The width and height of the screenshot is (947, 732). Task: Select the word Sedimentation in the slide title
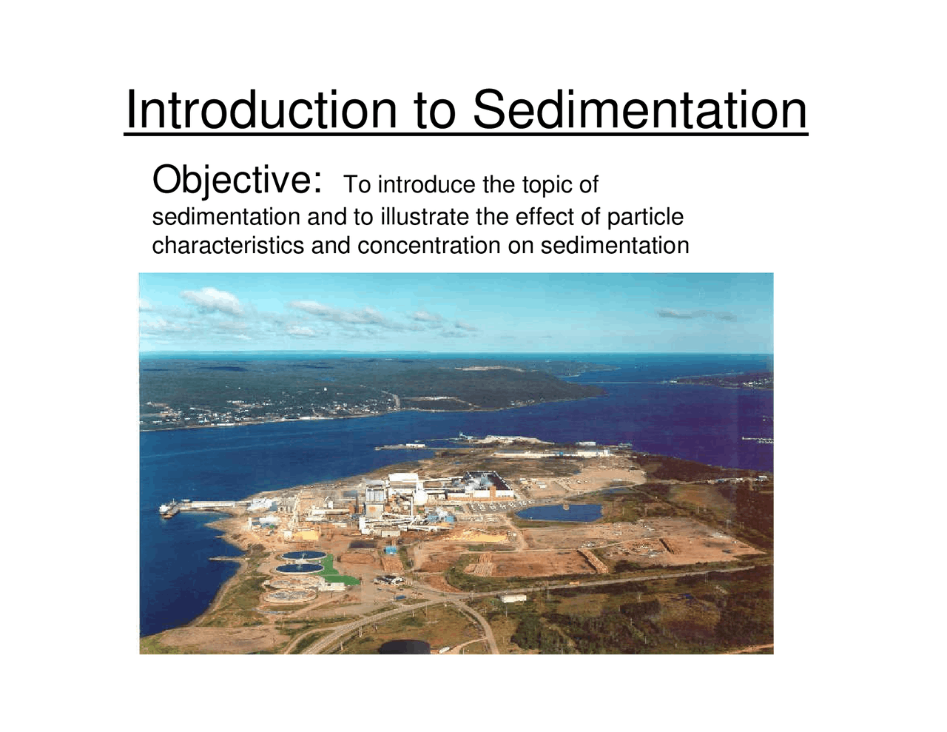click(639, 110)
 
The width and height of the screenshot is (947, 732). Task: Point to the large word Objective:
click(237, 181)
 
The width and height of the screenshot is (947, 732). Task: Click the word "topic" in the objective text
click(546, 184)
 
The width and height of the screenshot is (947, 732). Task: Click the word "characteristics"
click(228, 245)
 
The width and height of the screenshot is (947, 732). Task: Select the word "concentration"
click(429, 245)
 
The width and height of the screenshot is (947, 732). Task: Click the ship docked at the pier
click(169, 509)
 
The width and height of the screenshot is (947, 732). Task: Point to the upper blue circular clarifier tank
click(302, 555)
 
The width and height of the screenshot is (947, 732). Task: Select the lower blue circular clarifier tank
click(300, 568)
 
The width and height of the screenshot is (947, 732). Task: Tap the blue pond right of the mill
click(560, 512)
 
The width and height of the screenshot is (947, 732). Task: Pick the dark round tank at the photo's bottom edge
click(404, 647)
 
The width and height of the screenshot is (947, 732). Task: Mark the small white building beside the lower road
click(513, 597)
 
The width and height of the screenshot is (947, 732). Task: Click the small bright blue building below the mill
click(390, 550)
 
